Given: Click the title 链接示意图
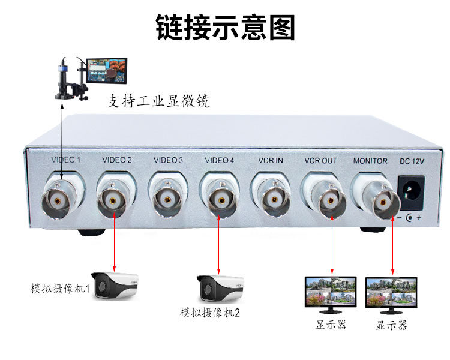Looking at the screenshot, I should [x=226, y=28].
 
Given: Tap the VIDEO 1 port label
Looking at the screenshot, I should [x=66, y=160].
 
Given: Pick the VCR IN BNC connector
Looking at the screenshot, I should [x=273, y=197].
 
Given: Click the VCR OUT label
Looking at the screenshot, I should [x=320, y=161].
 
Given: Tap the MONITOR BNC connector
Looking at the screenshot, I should [x=380, y=201].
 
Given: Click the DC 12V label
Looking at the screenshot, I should [x=411, y=161].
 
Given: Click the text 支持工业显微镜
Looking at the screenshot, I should [x=158, y=101].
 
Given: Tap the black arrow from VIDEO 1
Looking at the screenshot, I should [x=62, y=138].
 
